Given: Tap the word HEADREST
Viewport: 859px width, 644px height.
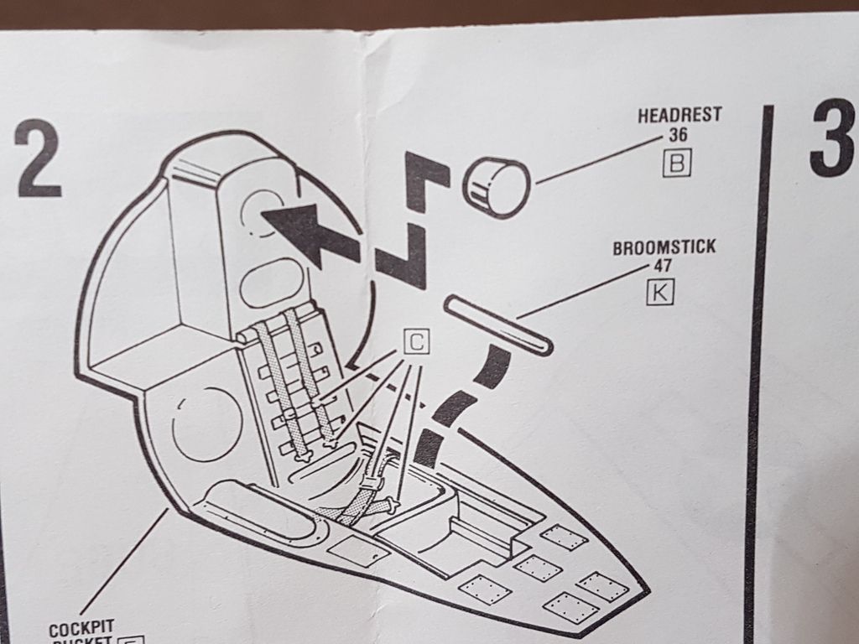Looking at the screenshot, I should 679,116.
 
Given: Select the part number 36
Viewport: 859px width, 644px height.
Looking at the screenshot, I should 678,134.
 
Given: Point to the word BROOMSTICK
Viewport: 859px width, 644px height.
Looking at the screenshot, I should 664,249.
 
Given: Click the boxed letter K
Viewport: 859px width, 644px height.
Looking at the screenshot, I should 660,294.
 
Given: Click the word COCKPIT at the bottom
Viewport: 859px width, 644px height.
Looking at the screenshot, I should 81,629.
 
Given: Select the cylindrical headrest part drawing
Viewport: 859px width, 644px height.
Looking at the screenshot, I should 495,186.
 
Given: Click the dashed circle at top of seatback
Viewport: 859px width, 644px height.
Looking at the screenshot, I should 263,209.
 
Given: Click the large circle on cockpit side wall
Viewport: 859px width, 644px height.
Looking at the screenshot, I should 206,424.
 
